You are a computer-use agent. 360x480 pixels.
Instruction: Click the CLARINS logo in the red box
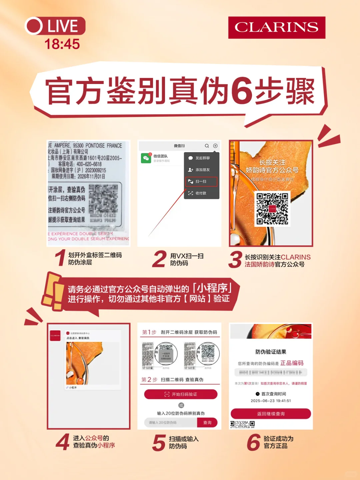[x=276, y=27]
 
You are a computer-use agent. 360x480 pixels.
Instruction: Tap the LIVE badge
[x=55, y=26]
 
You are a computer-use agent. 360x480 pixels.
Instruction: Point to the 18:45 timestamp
[x=62, y=44]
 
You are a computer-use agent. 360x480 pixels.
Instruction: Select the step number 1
[x=60, y=258]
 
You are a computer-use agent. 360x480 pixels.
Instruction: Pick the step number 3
[x=235, y=260]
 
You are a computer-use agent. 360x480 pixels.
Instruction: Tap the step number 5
[x=159, y=443]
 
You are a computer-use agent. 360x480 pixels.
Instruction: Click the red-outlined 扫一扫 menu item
[x=201, y=181]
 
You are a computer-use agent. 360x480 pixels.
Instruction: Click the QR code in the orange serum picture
[x=272, y=209]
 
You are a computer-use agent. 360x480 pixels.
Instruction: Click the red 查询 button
[x=207, y=422]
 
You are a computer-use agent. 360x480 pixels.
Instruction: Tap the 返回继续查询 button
[x=271, y=414]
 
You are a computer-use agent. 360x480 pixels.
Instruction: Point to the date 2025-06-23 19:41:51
[x=271, y=401]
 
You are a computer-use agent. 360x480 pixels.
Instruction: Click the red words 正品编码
[x=292, y=363]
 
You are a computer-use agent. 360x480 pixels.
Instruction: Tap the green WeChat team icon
[x=146, y=158]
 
